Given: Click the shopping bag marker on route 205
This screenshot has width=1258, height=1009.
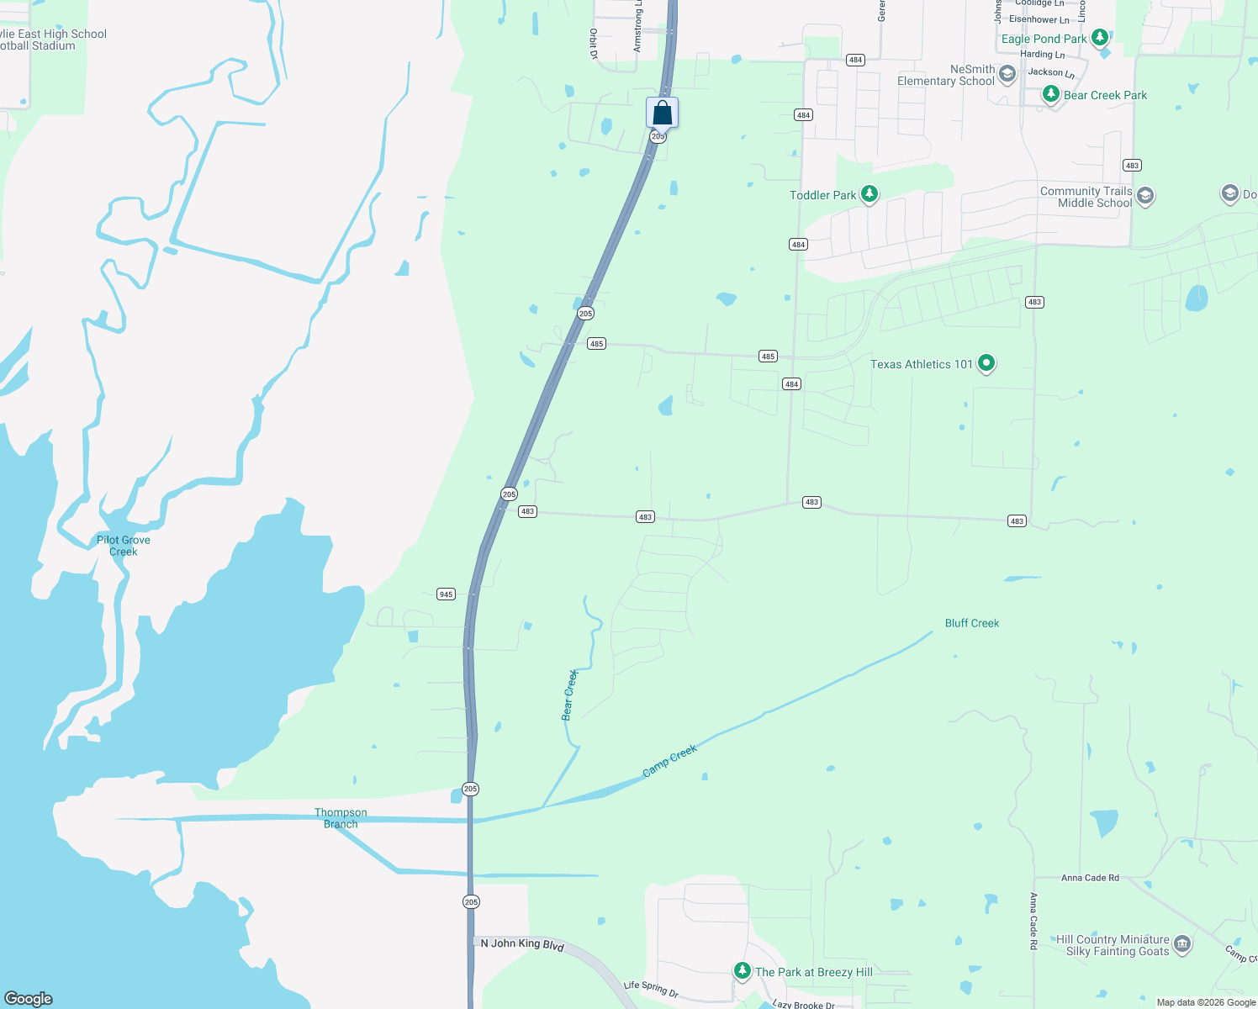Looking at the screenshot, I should pos(662,113).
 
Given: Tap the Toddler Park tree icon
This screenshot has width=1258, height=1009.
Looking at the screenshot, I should pos(869,194).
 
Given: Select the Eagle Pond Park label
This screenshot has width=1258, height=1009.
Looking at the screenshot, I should pos(1044,39).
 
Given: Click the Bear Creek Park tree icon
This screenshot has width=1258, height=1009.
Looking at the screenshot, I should pos(1050,94).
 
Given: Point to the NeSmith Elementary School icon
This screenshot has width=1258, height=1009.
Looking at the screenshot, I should pos(1007,76).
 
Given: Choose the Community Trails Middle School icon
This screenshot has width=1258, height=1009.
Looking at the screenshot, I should pos(1144,197).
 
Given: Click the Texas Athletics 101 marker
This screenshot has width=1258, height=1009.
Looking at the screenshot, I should pos(986,363).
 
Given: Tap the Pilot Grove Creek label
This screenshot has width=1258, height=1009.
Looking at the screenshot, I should pos(124,546).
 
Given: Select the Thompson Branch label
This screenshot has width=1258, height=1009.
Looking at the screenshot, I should pos(341,818).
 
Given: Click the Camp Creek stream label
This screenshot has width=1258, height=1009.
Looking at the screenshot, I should pos(670,761).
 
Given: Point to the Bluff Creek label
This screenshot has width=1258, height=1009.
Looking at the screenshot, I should pos(972,623).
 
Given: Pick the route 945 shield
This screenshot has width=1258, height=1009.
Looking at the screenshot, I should pos(446,594).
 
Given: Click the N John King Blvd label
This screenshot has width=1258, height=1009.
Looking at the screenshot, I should pos(522,944).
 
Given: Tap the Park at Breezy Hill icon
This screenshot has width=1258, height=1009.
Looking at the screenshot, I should pos(742,971).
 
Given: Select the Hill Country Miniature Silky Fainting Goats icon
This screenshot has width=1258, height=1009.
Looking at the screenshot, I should pos(1182,944).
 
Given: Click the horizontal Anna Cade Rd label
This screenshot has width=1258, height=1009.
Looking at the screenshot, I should pos(1090,878).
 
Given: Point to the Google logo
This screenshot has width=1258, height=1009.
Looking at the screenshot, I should pos(29,998).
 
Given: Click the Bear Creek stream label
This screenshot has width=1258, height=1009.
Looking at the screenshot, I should pos(569,695).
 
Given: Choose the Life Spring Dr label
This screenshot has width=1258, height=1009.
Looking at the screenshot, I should pos(650,989).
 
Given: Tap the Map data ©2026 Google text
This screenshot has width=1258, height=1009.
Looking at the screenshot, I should pos(1206,1002).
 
